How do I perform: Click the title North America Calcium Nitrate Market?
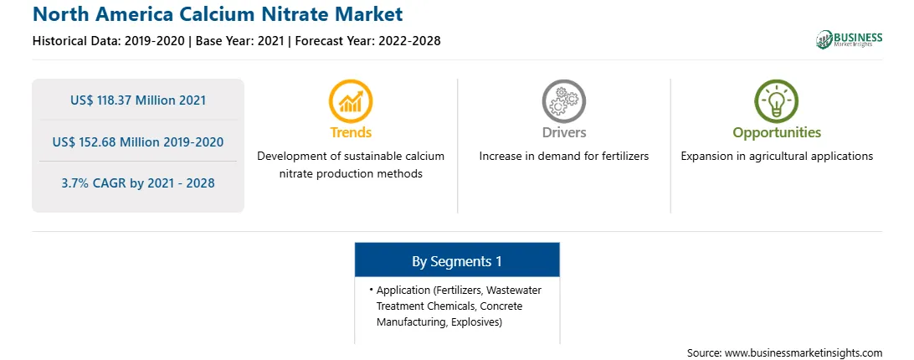tap(218, 13)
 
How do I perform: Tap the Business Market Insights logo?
tap(849, 39)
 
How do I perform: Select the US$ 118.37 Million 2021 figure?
tap(138, 100)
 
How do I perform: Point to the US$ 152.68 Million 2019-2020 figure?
tap(138, 141)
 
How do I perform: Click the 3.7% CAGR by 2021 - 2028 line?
tap(138, 183)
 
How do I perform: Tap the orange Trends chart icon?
tap(351, 101)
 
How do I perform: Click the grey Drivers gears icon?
tap(563, 101)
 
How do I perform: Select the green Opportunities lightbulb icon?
tap(777, 101)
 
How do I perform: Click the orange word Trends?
tap(351, 132)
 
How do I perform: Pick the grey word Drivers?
tap(563, 132)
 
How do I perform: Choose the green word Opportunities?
tap(777, 133)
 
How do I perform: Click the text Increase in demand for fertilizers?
tap(563, 157)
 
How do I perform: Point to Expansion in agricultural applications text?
tap(777, 157)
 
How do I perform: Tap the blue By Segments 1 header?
tap(457, 261)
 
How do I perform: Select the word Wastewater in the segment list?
tap(514, 290)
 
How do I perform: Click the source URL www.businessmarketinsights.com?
tap(804, 353)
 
